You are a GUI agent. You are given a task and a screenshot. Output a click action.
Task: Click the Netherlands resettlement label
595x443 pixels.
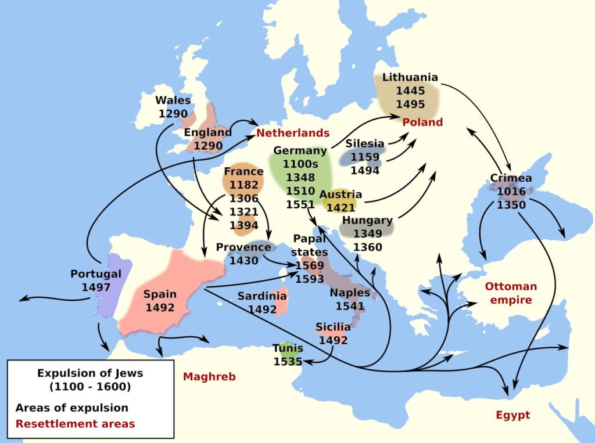[x=293, y=133]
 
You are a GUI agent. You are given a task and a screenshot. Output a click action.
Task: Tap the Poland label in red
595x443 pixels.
[x=422, y=122]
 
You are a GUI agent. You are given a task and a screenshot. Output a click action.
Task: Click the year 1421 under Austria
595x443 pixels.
[x=340, y=207]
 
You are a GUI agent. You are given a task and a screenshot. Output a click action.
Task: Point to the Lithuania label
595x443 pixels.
[x=410, y=77]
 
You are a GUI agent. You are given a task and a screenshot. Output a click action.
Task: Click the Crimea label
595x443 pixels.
[x=511, y=178]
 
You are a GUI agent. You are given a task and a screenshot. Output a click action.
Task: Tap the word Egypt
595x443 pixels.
[x=512, y=415]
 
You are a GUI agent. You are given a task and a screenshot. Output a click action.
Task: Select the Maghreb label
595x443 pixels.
[x=209, y=377]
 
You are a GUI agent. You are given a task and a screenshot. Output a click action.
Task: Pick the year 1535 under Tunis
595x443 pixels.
[x=288, y=361]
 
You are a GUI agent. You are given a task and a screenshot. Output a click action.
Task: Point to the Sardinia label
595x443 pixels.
[x=262, y=296]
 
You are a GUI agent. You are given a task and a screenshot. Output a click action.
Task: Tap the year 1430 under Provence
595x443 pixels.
[x=243, y=261]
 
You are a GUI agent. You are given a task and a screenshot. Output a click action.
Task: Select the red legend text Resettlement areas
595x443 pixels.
[x=75, y=423]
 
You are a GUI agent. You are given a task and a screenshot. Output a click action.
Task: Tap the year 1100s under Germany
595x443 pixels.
[x=300, y=164]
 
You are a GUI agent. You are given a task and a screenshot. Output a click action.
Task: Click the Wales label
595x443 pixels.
[x=173, y=100]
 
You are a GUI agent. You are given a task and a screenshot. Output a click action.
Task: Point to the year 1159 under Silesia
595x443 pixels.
[x=364, y=157]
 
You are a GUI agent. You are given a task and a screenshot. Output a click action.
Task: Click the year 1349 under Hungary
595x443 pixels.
[x=367, y=234]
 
